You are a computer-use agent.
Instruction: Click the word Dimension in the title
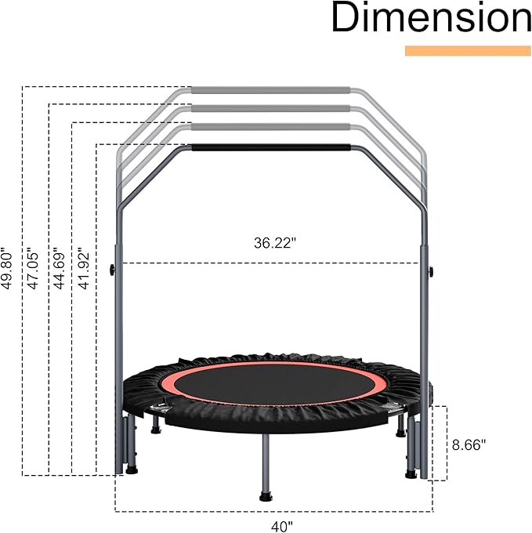(x=431, y=17)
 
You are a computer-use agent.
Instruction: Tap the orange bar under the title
(x=468, y=51)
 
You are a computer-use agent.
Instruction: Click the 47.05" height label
(x=33, y=270)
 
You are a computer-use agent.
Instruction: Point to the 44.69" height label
(x=59, y=270)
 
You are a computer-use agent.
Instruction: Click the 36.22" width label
(x=275, y=243)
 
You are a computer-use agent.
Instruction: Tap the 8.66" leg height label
(x=469, y=444)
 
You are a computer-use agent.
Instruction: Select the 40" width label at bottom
(x=281, y=527)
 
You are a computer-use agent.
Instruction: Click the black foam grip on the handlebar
(x=271, y=147)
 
